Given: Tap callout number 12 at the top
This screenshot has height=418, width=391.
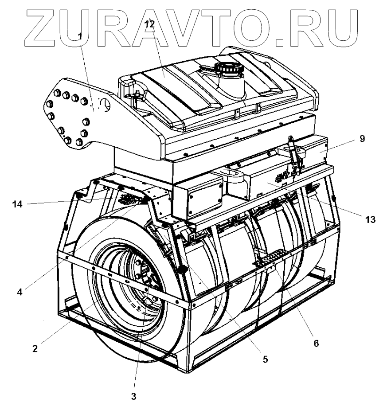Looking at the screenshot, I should pyautogui.click(x=149, y=24).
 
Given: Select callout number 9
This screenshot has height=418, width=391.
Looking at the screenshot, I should pyautogui.click(x=362, y=139).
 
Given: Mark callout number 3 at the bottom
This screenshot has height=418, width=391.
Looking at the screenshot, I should pyautogui.click(x=133, y=396).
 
